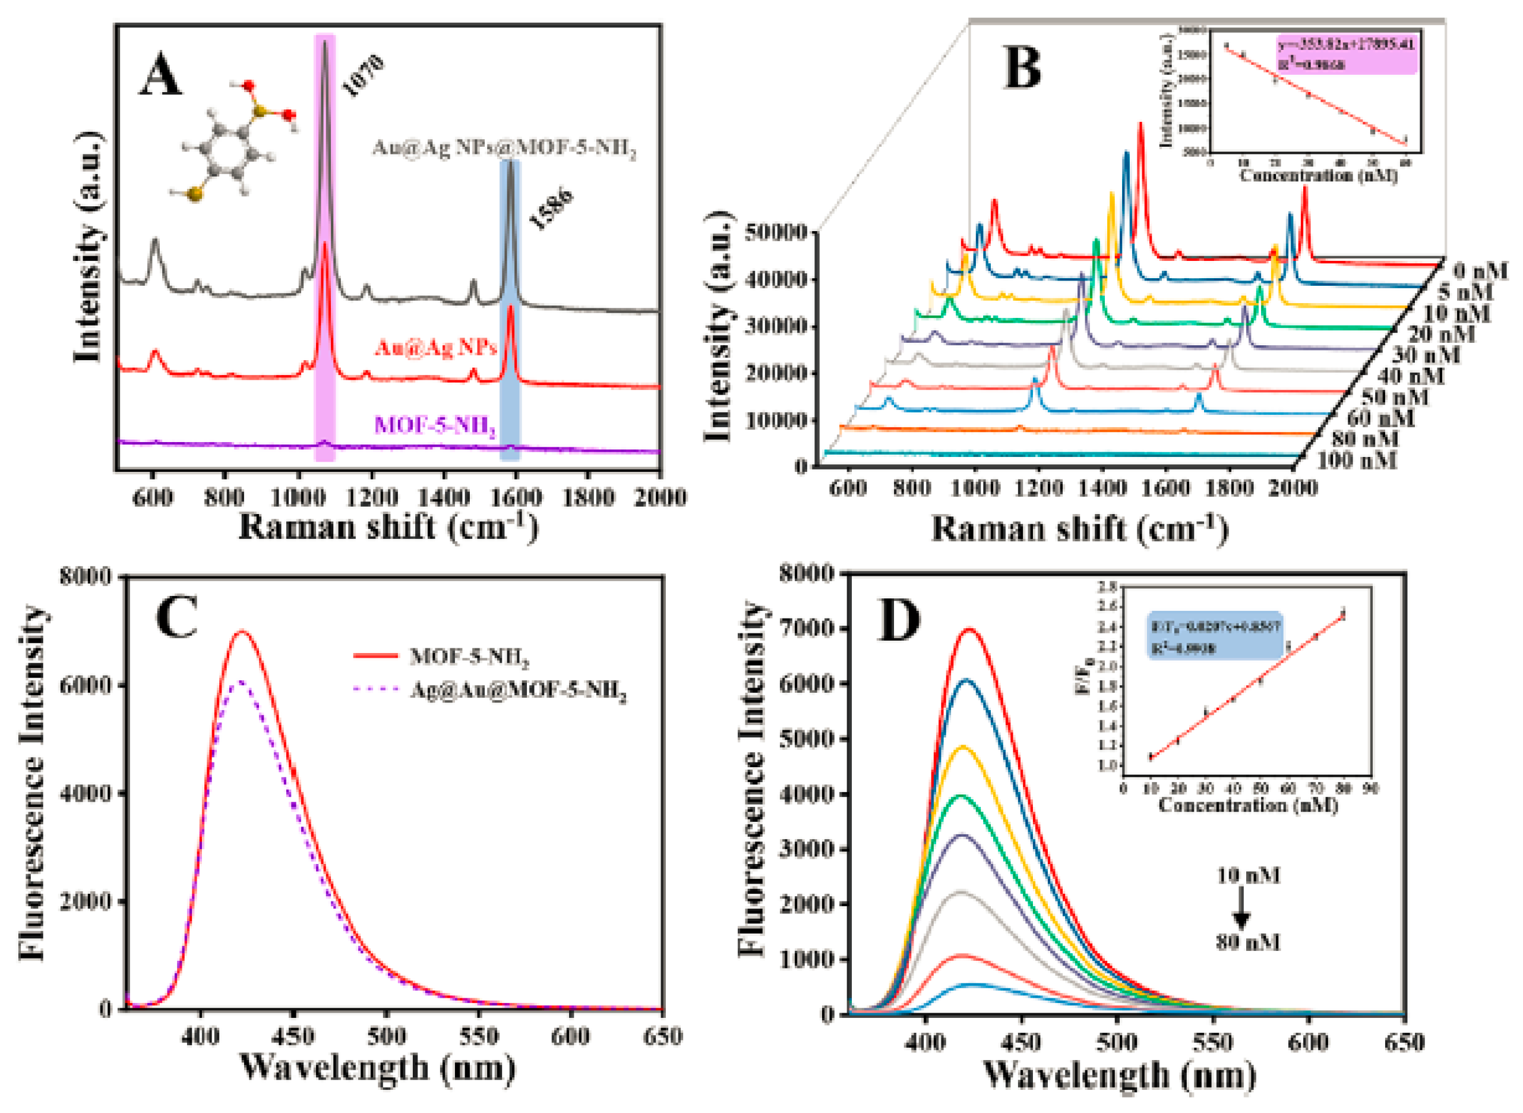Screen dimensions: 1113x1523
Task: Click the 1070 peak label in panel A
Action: point(362,75)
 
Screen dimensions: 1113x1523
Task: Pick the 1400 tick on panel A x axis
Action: point(443,497)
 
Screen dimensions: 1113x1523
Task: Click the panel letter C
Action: point(176,618)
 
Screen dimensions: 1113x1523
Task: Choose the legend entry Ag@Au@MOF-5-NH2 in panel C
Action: point(519,691)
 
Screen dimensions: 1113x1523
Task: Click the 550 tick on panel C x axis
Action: point(479,1036)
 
